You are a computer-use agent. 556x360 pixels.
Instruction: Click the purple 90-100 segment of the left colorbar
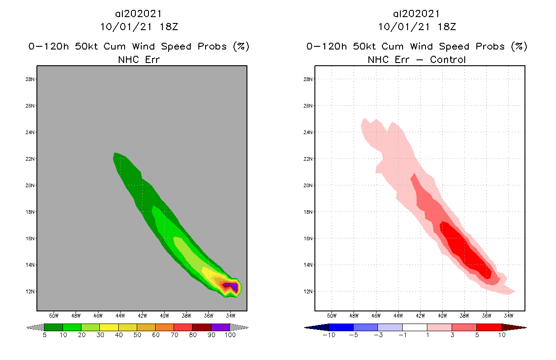click(220, 327)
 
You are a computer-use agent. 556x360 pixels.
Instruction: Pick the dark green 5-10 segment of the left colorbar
click(54, 327)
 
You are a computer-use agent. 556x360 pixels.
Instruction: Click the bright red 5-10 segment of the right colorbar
click(489, 327)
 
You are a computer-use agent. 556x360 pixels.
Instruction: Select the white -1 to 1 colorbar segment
click(415, 327)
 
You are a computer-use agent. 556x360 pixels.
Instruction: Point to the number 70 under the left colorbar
click(174, 335)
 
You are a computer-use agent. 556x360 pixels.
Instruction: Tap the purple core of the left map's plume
click(233, 286)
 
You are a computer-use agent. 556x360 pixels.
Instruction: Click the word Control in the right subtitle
click(448, 59)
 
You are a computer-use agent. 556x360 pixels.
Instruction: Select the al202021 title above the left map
click(139, 13)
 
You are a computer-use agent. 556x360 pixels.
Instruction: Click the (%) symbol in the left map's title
click(241, 46)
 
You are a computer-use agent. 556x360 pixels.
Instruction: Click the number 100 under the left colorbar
click(230, 335)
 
